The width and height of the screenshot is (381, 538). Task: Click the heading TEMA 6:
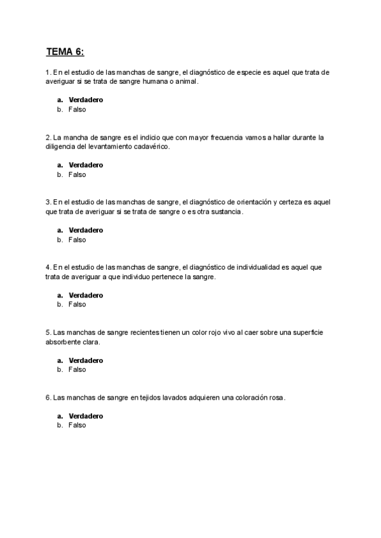[65, 51]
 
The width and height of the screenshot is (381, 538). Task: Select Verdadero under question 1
[86, 100]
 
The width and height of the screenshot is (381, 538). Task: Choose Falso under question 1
[77, 109]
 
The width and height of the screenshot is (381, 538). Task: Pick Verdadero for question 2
[86, 165]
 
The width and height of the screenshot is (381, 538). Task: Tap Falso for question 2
[77, 174]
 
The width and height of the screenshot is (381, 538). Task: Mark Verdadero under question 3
[86, 230]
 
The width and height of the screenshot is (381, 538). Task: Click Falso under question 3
[77, 240]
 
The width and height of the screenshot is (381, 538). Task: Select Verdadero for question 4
[86, 295]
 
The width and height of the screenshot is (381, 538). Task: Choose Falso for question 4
[77, 305]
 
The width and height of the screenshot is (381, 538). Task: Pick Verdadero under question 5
[86, 360]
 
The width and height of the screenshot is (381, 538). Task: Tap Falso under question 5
[77, 369]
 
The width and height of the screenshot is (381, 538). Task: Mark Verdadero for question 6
[86, 416]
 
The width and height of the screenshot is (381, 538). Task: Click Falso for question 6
[77, 425]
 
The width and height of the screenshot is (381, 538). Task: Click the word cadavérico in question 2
[152, 147]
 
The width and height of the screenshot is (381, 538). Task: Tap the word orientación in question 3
[253, 202]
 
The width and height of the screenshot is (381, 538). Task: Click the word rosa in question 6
[275, 398]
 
